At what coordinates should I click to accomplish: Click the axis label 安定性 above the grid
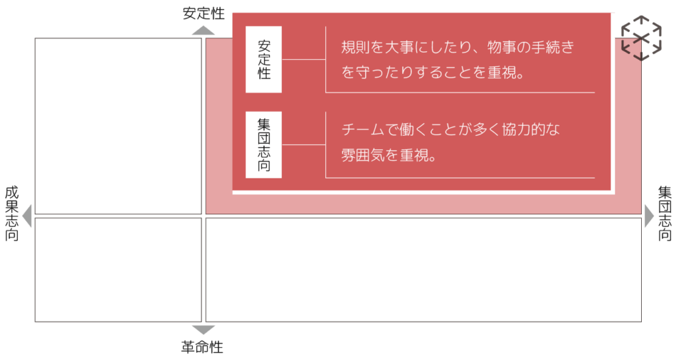204,13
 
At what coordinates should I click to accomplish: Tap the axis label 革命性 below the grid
202,347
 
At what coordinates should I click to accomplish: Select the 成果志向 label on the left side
12,214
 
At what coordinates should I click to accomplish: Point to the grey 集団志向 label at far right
665,214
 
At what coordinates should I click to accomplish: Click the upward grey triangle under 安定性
204,31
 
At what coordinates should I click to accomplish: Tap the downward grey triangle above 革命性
204,330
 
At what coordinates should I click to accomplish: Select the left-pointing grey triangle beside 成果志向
27,216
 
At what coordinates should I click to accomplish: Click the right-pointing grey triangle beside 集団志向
649,216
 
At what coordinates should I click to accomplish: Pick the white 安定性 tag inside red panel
263,60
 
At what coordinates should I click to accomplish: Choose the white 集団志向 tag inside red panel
263,145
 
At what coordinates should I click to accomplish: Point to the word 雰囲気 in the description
363,155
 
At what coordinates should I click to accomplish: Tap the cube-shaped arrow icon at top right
642,38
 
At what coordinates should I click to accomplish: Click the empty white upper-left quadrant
118,126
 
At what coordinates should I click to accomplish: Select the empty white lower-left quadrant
118,270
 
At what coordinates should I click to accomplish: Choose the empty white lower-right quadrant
424,270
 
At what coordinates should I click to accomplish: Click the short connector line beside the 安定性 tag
303,60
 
